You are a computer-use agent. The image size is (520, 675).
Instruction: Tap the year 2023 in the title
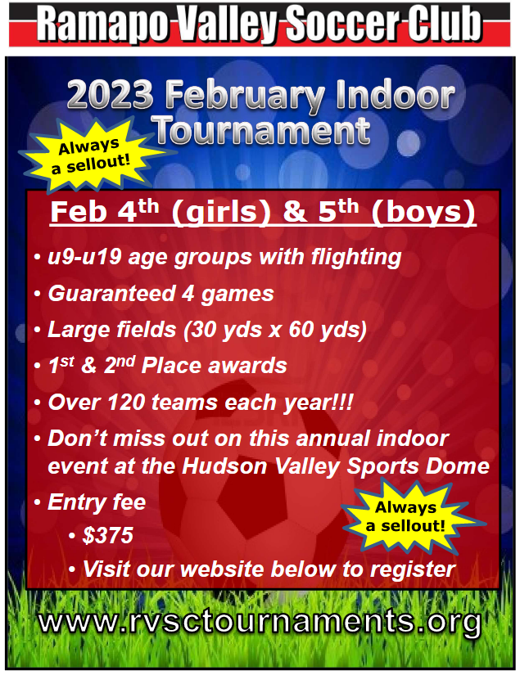[x=111, y=95]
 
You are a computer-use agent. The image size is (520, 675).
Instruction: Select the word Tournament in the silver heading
[x=262, y=130]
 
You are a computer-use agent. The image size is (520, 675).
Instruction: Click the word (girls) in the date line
[x=221, y=212]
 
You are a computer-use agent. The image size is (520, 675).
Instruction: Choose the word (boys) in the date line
[x=423, y=212]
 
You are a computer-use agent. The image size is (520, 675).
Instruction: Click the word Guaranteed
[x=111, y=294]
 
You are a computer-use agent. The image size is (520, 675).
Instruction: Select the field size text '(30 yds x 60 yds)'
[x=275, y=330]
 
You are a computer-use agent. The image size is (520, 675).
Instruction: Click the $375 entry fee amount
[x=108, y=536]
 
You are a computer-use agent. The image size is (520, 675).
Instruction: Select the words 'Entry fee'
[x=97, y=502]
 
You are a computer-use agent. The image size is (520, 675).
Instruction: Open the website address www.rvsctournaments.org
[x=260, y=622]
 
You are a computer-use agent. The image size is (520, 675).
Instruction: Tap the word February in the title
[x=245, y=97]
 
